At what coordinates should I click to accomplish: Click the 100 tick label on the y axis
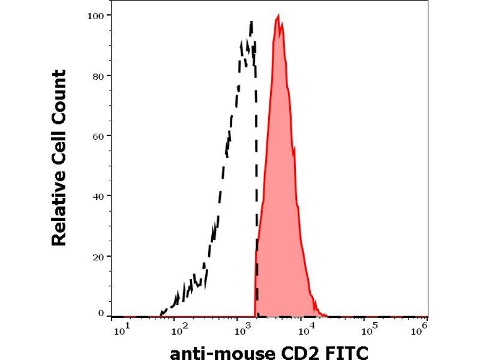tap(96, 14)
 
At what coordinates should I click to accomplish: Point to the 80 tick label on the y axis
tap(98, 76)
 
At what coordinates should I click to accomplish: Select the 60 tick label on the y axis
tap(98, 136)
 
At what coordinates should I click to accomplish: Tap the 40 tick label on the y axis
tap(98, 196)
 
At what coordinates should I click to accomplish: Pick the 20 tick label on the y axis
tap(98, 256)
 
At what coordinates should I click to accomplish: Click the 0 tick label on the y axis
tap(101, 313)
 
